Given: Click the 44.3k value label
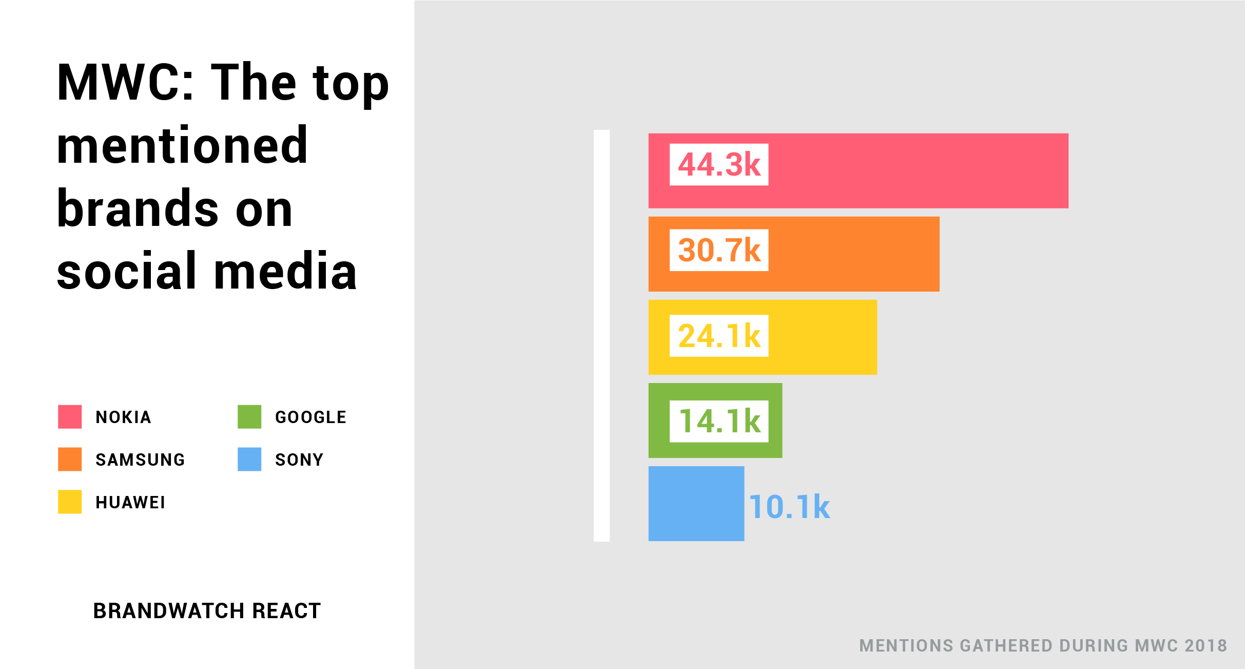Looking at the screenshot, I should [x=718, y=165].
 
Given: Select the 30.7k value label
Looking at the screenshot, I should [x=718, y=250].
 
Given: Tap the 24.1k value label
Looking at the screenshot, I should [x=718, y=336].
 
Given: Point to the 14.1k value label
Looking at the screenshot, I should [x=718, y=421].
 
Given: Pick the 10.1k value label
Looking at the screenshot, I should [x=789, y=507].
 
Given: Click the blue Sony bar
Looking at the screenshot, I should [x=696, y=504].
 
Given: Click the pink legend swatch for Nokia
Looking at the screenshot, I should [x=70, y=416].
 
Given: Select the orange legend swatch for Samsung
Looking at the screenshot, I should [x=70, y=459].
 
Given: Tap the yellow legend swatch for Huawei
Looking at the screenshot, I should [x=70, y=502].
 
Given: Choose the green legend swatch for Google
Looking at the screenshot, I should [x=249, y=416].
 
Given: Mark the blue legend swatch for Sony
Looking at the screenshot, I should [x=249, y=459].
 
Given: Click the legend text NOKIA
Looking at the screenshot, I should [x=124, y=417].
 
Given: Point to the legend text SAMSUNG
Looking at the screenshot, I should [x=140, y=460].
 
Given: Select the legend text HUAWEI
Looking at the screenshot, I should [x=130, y=503].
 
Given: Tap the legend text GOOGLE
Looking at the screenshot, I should [x=311, y=417].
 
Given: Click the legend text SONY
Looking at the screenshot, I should [x=299, y=460].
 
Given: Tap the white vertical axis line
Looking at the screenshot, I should [x=601, y=335].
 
